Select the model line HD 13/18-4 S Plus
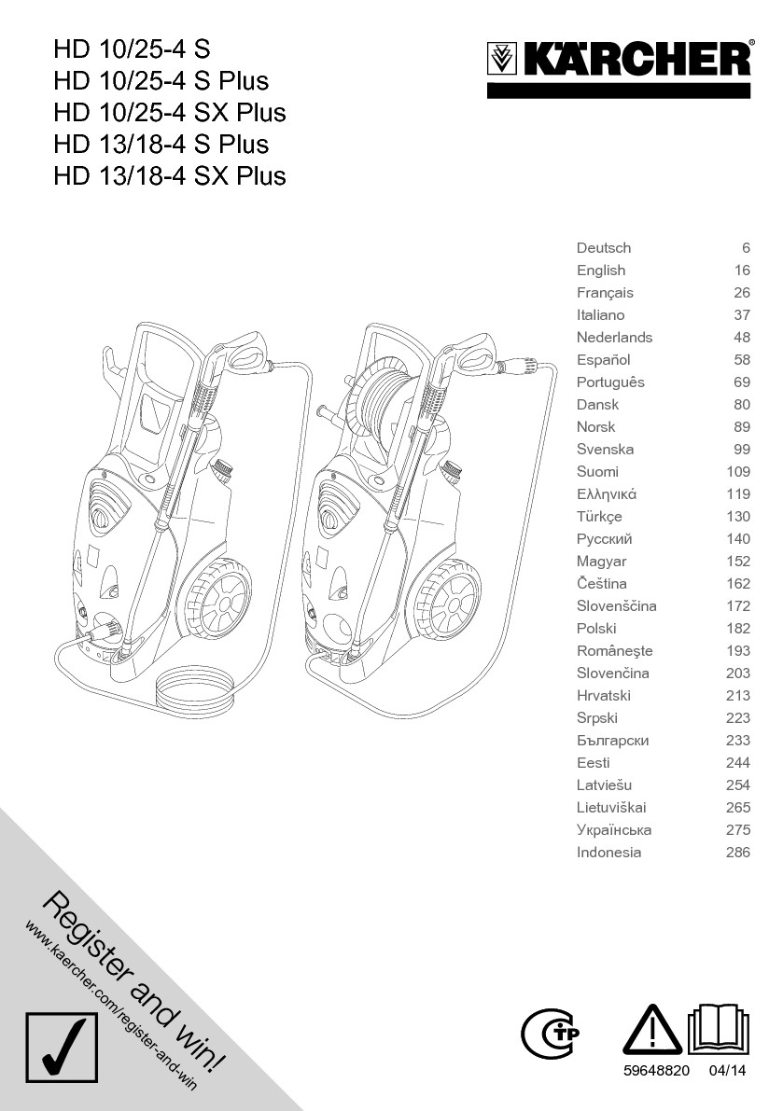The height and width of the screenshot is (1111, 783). coord(161,144)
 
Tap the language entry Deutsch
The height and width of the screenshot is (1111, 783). coord(604,248)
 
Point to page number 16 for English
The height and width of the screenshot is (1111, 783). coord(742,271)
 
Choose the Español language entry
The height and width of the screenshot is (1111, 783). coord(604,360)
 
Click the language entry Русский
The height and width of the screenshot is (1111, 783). coord(605,539)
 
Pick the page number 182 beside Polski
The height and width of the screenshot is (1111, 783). coord(738,629)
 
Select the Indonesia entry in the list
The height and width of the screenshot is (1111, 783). coord(608,853)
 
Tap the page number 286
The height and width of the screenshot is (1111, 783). coord(738,853)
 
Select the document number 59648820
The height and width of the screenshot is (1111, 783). coord(656,1072)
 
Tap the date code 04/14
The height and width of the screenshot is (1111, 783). coord(728,1072)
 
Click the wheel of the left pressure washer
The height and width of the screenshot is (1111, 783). coord(222,600)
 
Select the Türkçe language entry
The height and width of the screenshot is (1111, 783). coord(599,517)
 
